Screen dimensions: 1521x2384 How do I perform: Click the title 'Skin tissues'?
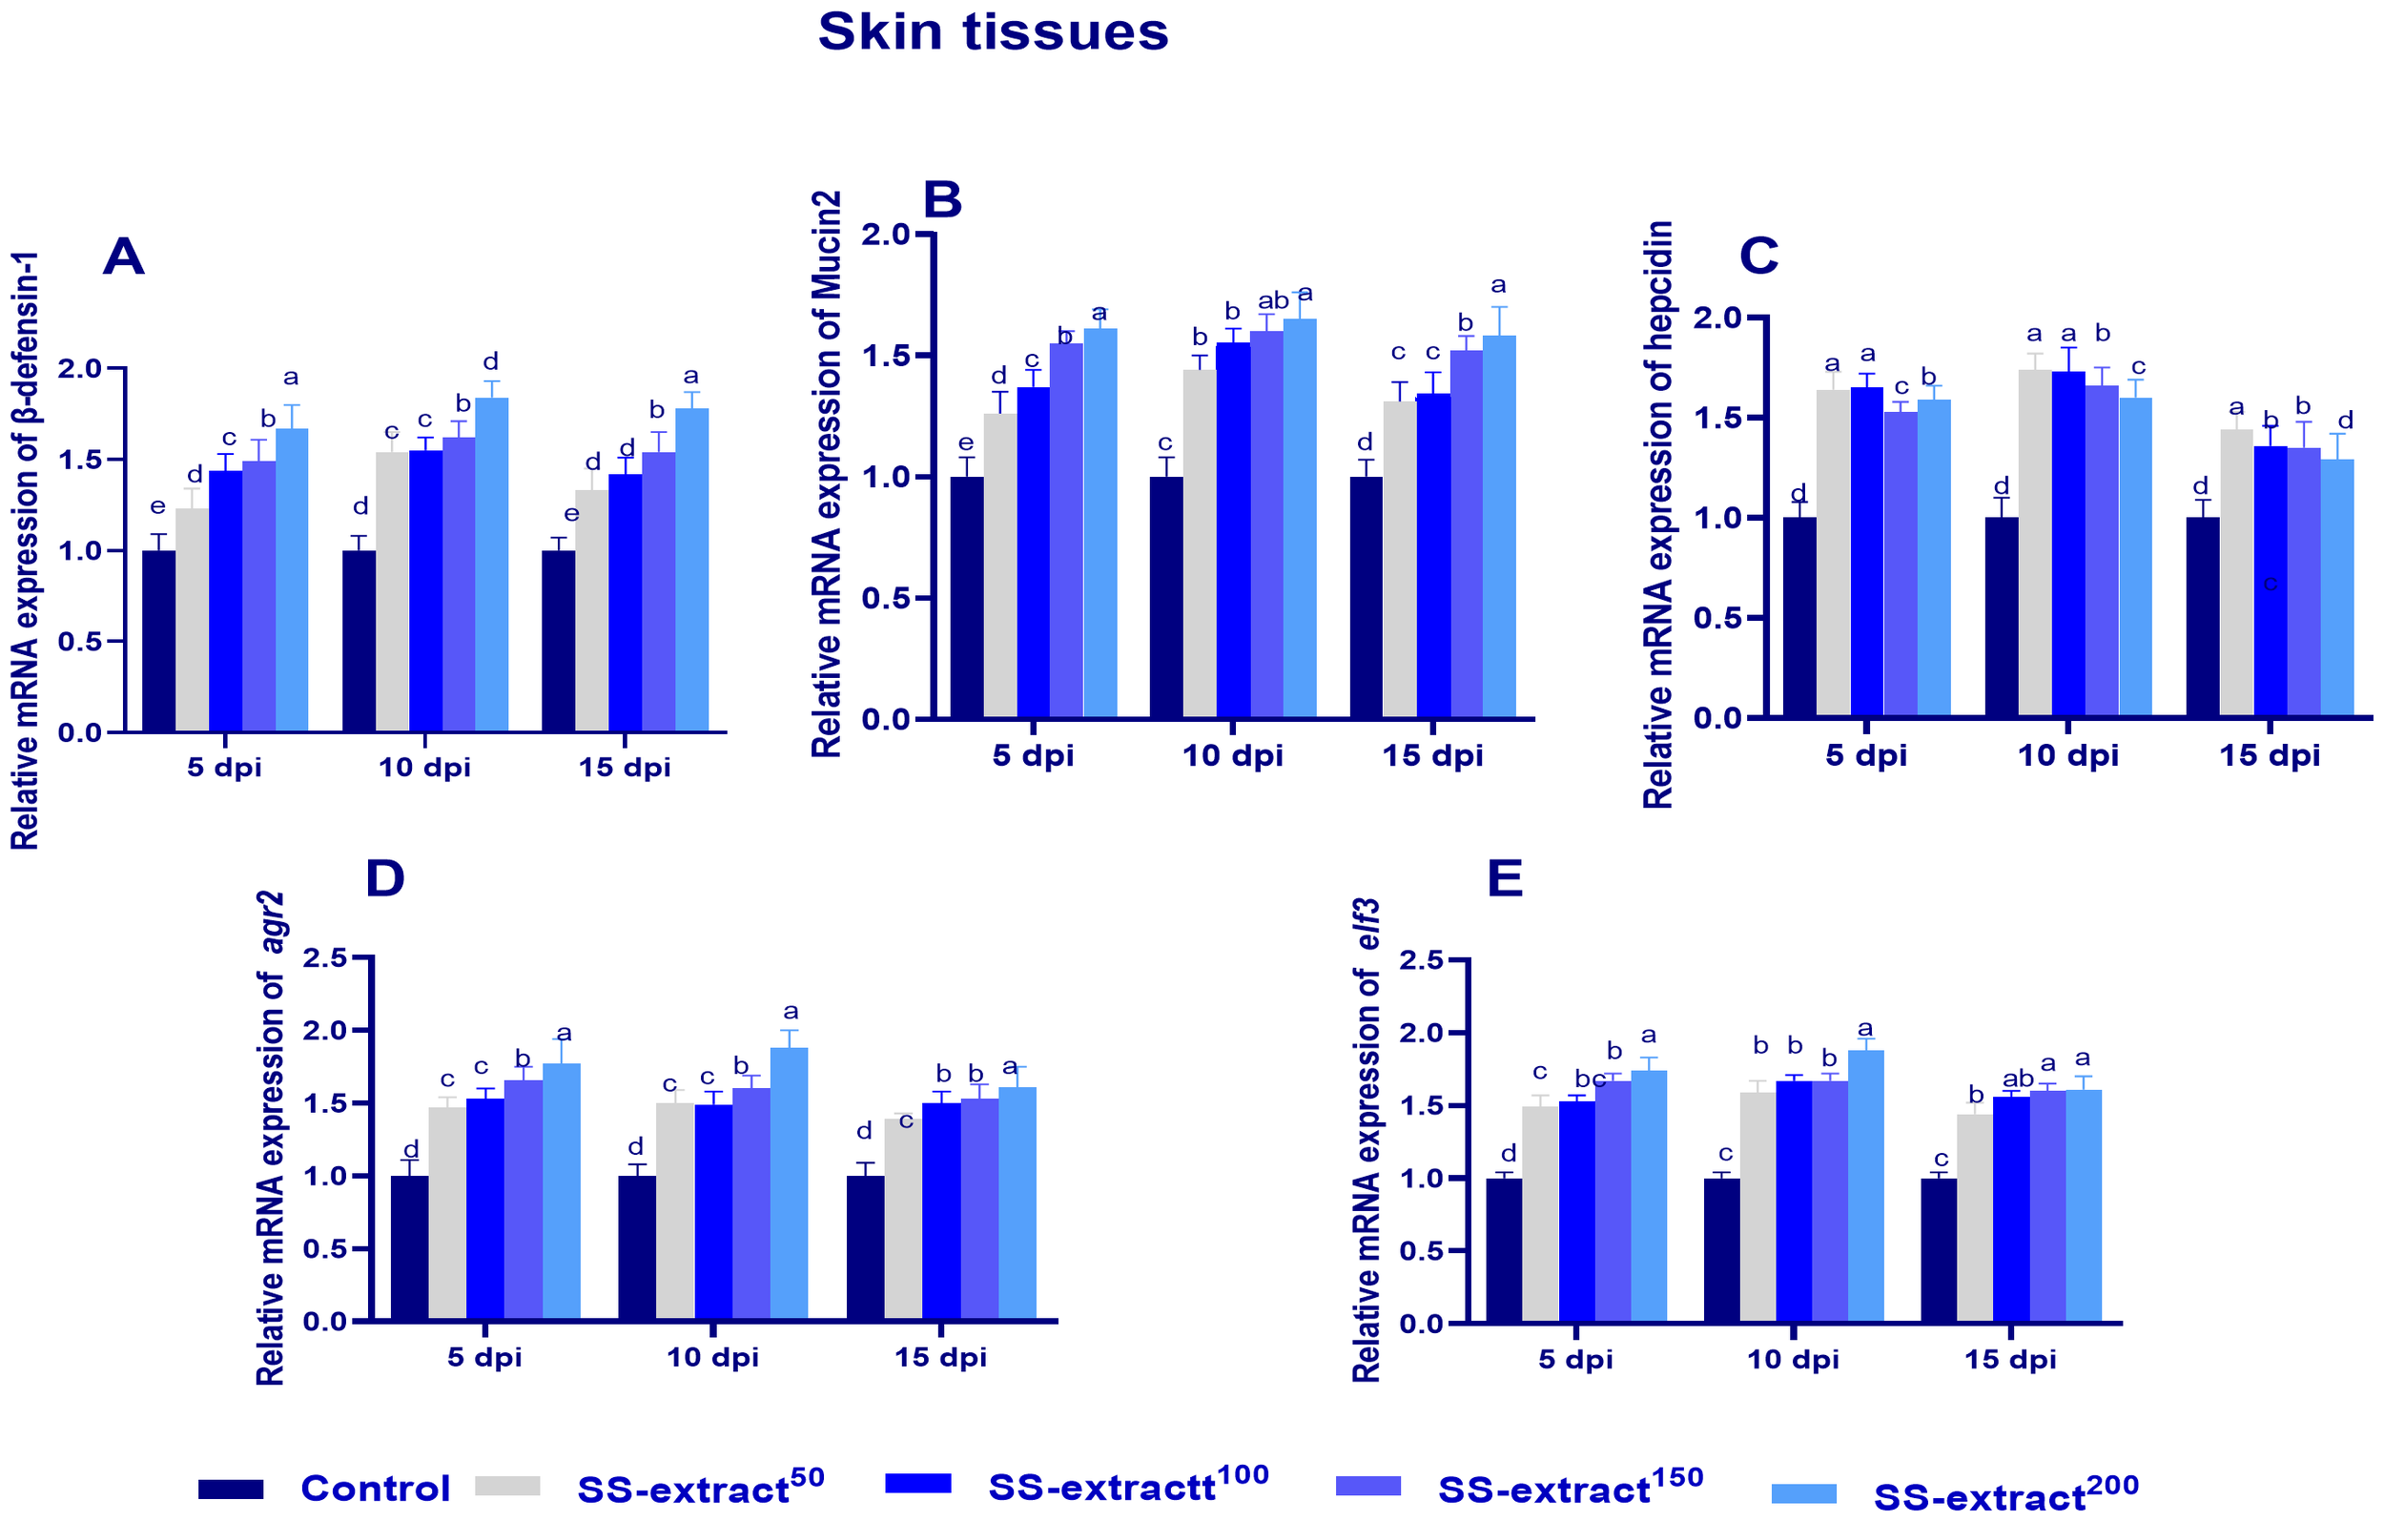pyautogui.click(x=993, y=31)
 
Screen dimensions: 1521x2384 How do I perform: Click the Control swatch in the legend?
pyautogui.click(x=231, y=1488)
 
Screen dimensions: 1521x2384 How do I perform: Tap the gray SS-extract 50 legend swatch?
pyautogui.click(x=508, y=1486)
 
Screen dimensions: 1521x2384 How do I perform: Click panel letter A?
pyautogui.click(x=124, y=257)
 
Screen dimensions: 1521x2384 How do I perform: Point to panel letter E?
pyautogui.click(x=1506, y=878)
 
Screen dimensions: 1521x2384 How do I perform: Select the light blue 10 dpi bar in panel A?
pyautogui.click(x=492, y=565)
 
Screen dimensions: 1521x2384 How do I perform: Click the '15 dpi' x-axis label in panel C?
pyautogui.click(x=2270, y=755)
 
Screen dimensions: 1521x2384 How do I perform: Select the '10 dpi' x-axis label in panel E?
pyautogui.click(x=1793, y=1359)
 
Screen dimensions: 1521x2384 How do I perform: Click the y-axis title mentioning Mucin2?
pyautogui.click(x=827, y=475)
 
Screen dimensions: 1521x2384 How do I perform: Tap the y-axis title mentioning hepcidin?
pyautogui.click(x=1658, y=515)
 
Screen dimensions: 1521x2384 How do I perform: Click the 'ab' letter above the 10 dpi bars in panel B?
pyautogui.click(x=1273, y=300)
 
